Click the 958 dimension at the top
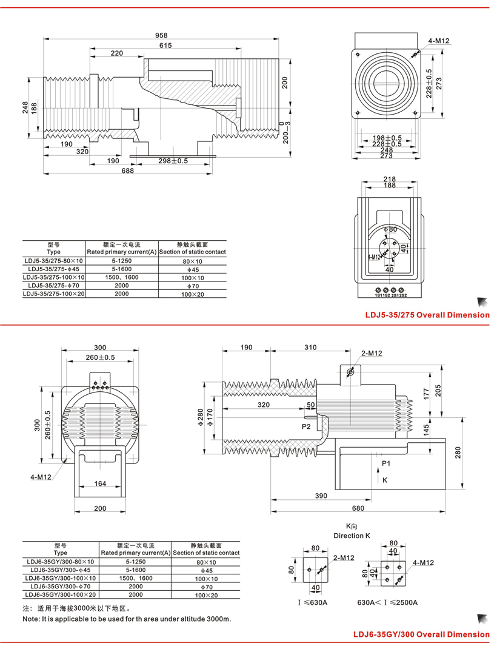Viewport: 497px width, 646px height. coord(161,35)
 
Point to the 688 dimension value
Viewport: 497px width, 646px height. coord(127,172)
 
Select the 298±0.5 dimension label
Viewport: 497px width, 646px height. coord(173,161)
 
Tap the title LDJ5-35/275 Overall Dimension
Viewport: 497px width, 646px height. coord(427,315)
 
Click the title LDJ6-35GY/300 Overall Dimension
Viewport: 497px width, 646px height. coord(421,634)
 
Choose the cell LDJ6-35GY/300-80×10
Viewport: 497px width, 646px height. coord(60,562)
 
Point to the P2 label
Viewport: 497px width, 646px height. coord(306,426)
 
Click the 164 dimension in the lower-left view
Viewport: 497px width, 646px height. coord(101,483)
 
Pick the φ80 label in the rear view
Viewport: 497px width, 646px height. coord(390,229)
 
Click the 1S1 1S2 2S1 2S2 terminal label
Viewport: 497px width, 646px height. coord(390,295)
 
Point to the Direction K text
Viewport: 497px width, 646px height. coord(352,536)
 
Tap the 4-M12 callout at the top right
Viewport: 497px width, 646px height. coord(439,41)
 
